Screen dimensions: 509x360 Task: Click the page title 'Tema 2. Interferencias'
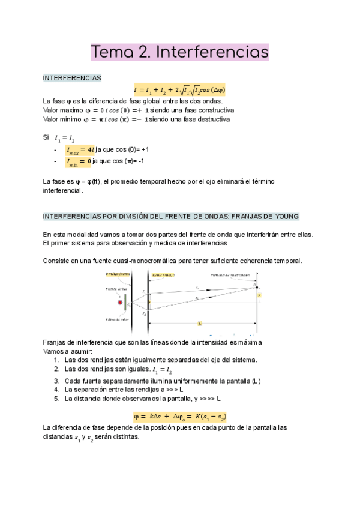(179, 52)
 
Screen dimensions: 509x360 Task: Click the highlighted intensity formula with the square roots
(179, 90)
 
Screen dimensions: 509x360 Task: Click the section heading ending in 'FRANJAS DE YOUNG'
(171, 216)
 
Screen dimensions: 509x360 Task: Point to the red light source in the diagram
(121, 301)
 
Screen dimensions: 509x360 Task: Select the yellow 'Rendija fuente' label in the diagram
(118, 274)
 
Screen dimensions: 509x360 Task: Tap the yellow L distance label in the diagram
(199, 324)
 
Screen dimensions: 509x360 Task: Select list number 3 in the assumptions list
(56, 381)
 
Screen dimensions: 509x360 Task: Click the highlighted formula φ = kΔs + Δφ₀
(179, 416)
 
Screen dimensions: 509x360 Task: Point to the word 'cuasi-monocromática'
(146, 261)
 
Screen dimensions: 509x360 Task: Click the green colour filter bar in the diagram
(126, 302)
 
